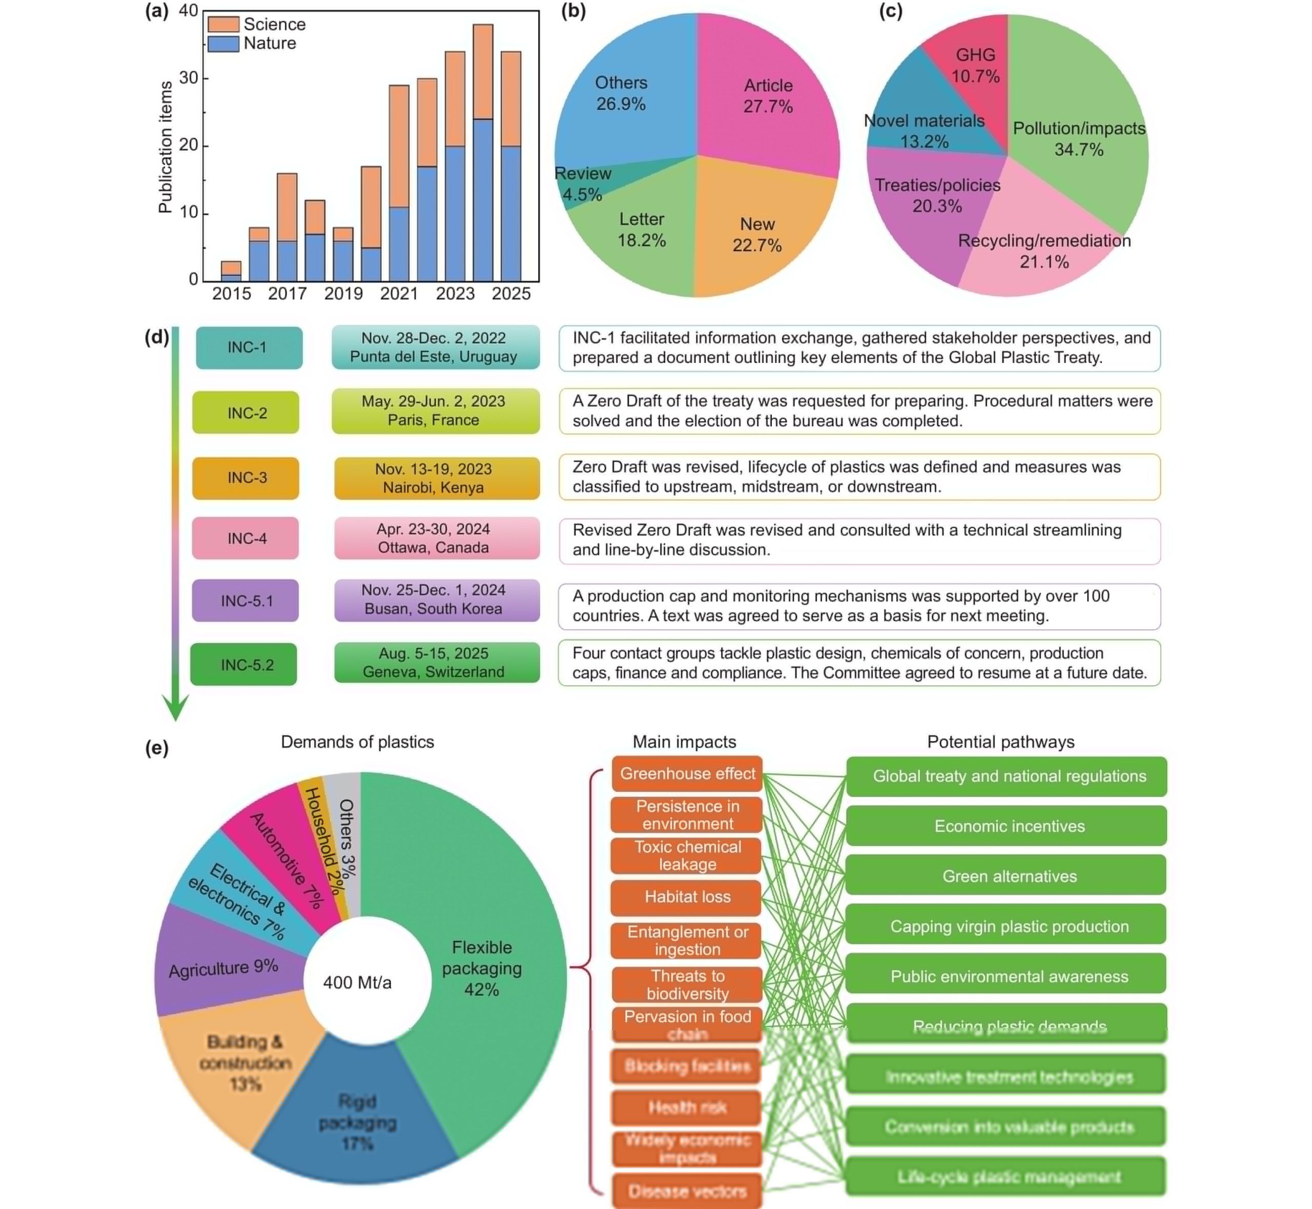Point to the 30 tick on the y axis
(189, 78)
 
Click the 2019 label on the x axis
(343, 294)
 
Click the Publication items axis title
(166, 147)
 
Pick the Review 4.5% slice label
(582, 184)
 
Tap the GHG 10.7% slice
(974, 59)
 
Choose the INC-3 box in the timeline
(246, 478)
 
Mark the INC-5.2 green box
(244, 665)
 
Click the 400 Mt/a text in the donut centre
(357, 982)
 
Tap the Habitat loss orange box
(686, 897)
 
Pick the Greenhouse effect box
(687, 774)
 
